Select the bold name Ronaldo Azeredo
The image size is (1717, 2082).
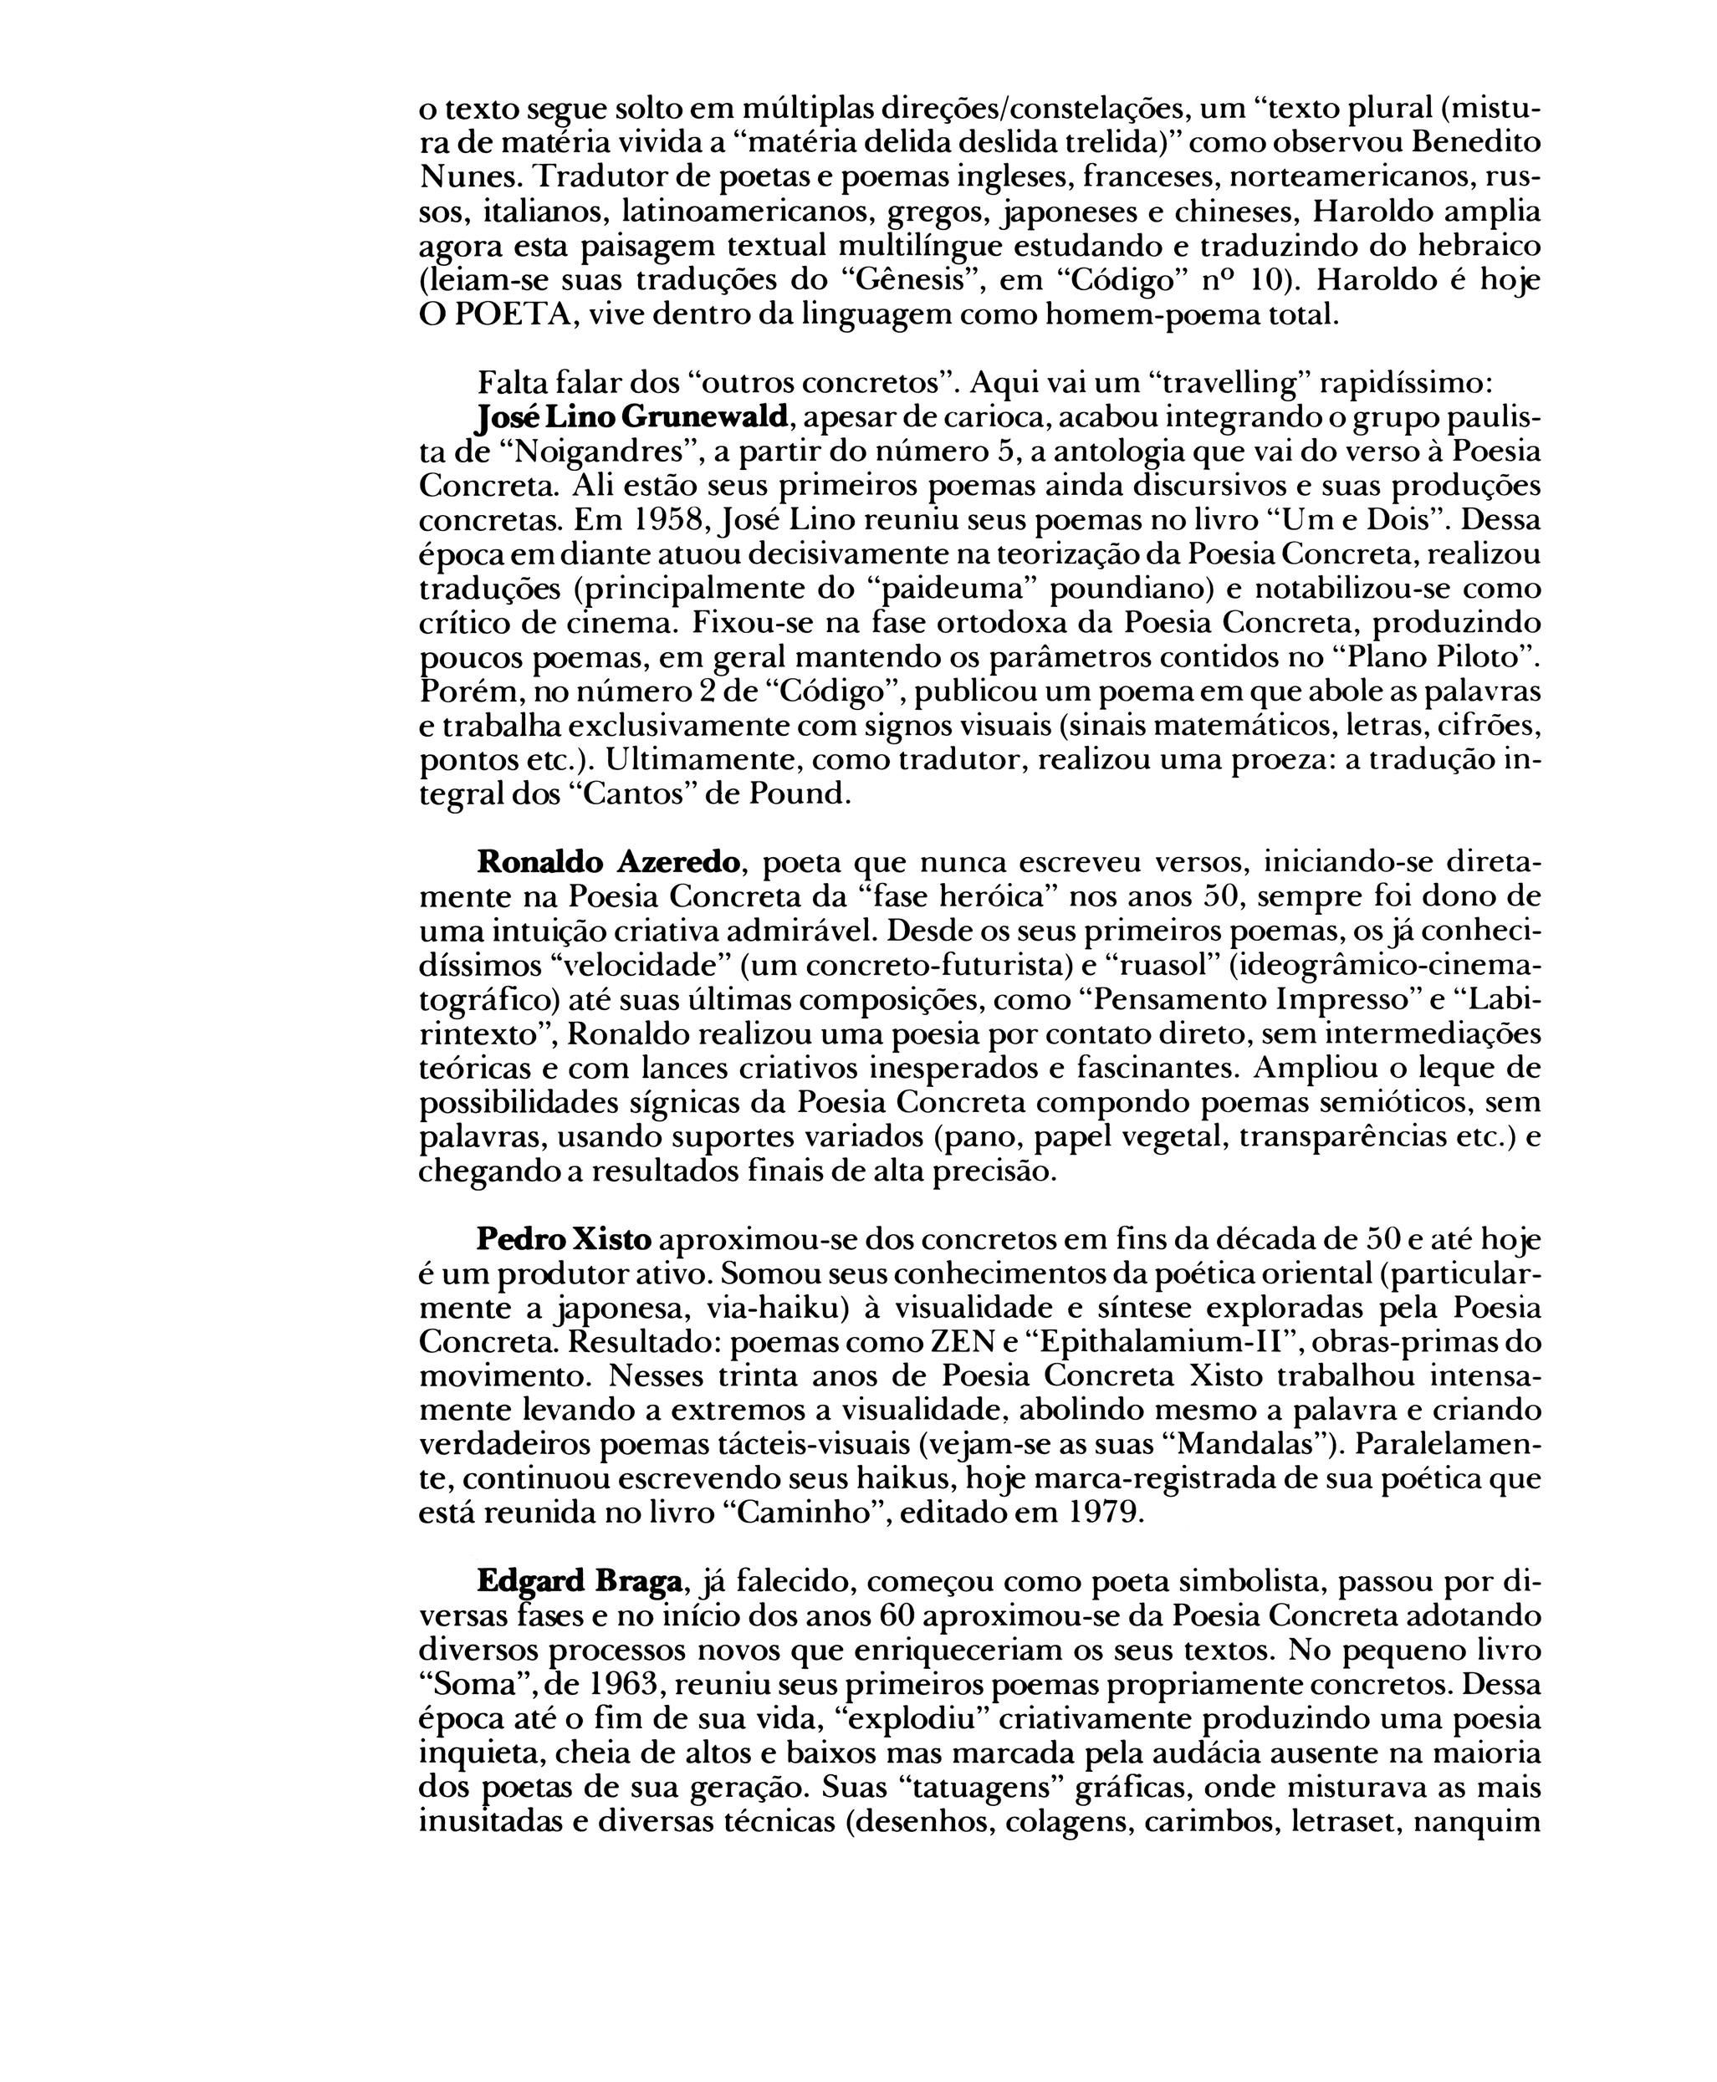pos(608,862)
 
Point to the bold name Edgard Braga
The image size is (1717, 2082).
pos(580,1581)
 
